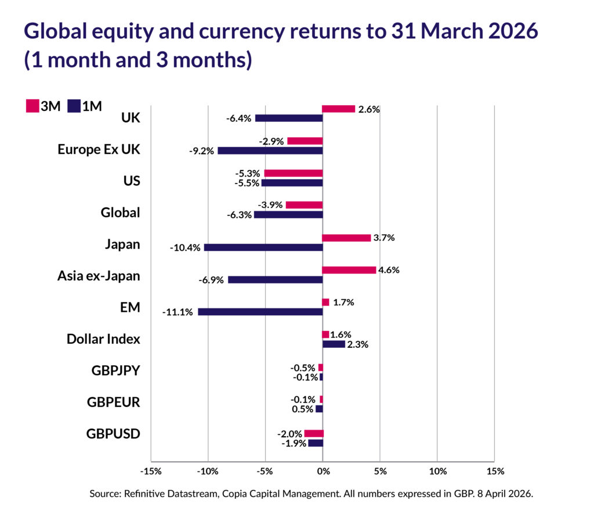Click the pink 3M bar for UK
[x=338, y=109]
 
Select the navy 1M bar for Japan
[x=263, y=247]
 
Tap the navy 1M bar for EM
[x=260, y=312]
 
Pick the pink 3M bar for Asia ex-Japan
[x=349, y=270]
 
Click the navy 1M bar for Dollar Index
[x=334, y=344]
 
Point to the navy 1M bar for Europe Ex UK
[x=270, y=150]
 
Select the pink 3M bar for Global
[x=304, y=205]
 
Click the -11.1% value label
[x=178, y=312]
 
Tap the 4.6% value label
[x=389, y=270]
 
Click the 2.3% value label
[x=357, y=344]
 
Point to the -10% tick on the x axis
[x=208, y=470]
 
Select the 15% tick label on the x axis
[x=495, y=470]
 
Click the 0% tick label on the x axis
[x=323, y=470]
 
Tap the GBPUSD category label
[x=113, y=434]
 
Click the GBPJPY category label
[x=116, y=370]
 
